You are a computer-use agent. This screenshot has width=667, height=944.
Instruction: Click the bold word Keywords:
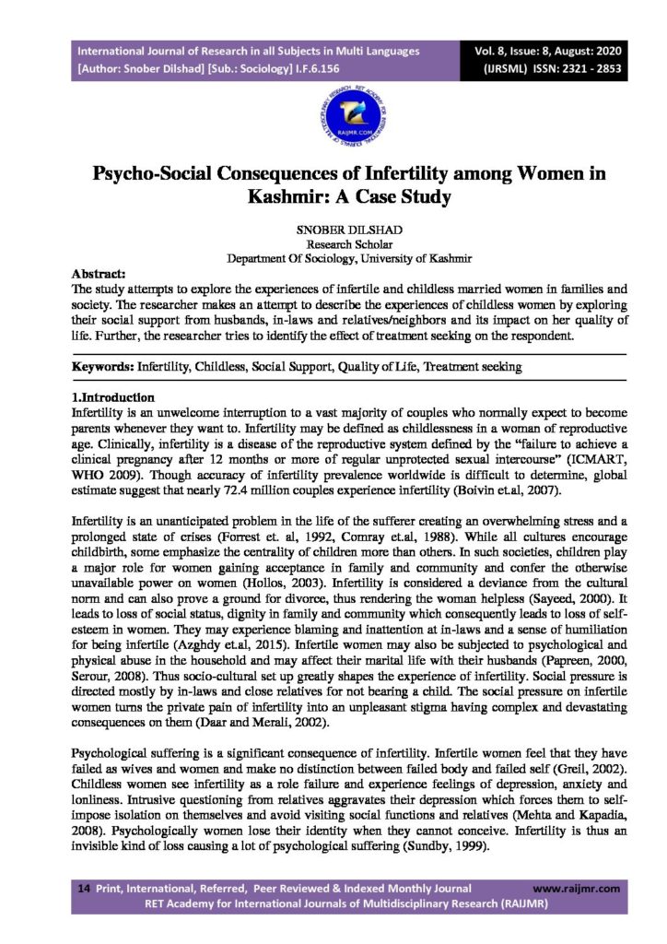(x=104, y=367)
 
